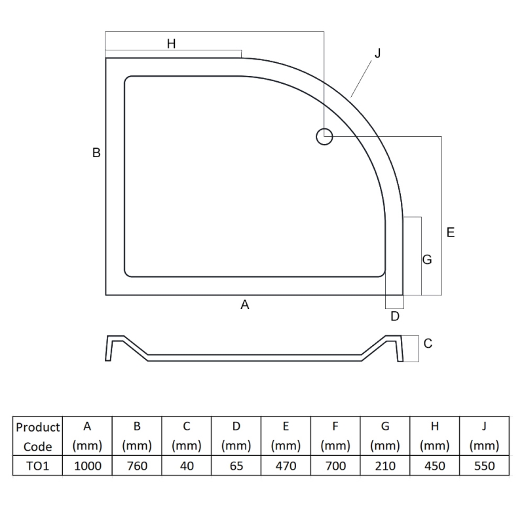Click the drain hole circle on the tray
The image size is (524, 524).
pos(324,137)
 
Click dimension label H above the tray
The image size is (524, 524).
pos(171,44)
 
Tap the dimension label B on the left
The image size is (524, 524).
pos(96,153)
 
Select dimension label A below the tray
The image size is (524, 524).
pos(245,305)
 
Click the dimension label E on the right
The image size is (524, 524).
pos(450,233)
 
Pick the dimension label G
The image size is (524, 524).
pos(427,260)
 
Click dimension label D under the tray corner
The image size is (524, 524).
pos(394,317)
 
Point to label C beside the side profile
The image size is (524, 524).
pos(428,343)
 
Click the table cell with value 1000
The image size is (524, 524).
pos(87,466)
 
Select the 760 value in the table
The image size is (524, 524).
pos(137,466)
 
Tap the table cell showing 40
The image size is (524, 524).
pos(187,466)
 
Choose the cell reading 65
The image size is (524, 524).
pos(236,466)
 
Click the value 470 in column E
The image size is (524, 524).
pos(286,466)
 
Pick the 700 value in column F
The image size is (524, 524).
pos(335,466)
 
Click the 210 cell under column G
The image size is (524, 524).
pos(385,466)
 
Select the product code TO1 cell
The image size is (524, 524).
pos(38,466)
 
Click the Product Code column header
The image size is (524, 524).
pos(38,437)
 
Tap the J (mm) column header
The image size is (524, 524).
pos(484,436)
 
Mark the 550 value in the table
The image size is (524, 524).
pos(484,466)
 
